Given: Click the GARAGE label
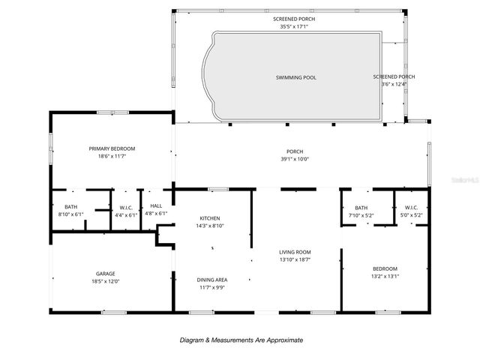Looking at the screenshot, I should click(x=105, y=274).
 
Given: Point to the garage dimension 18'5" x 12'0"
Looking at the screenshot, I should click(x=105, y=282).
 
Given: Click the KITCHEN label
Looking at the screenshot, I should click(x=209, y=218).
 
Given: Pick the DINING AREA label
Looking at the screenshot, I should click(x=212, y=280).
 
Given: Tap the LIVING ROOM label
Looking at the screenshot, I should click(x=294, y=252).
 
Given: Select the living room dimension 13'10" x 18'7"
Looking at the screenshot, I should click(x=294, y=260).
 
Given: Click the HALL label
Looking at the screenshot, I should click(x=156, y=206).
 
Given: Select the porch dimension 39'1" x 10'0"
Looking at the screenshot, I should click(x=294, y=159).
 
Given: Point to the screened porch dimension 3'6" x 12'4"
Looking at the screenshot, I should click(x=394, y=84).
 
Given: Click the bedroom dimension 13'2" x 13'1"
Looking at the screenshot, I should click(x=385, y=277).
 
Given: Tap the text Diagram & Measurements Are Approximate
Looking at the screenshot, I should click(x=241, y=340).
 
